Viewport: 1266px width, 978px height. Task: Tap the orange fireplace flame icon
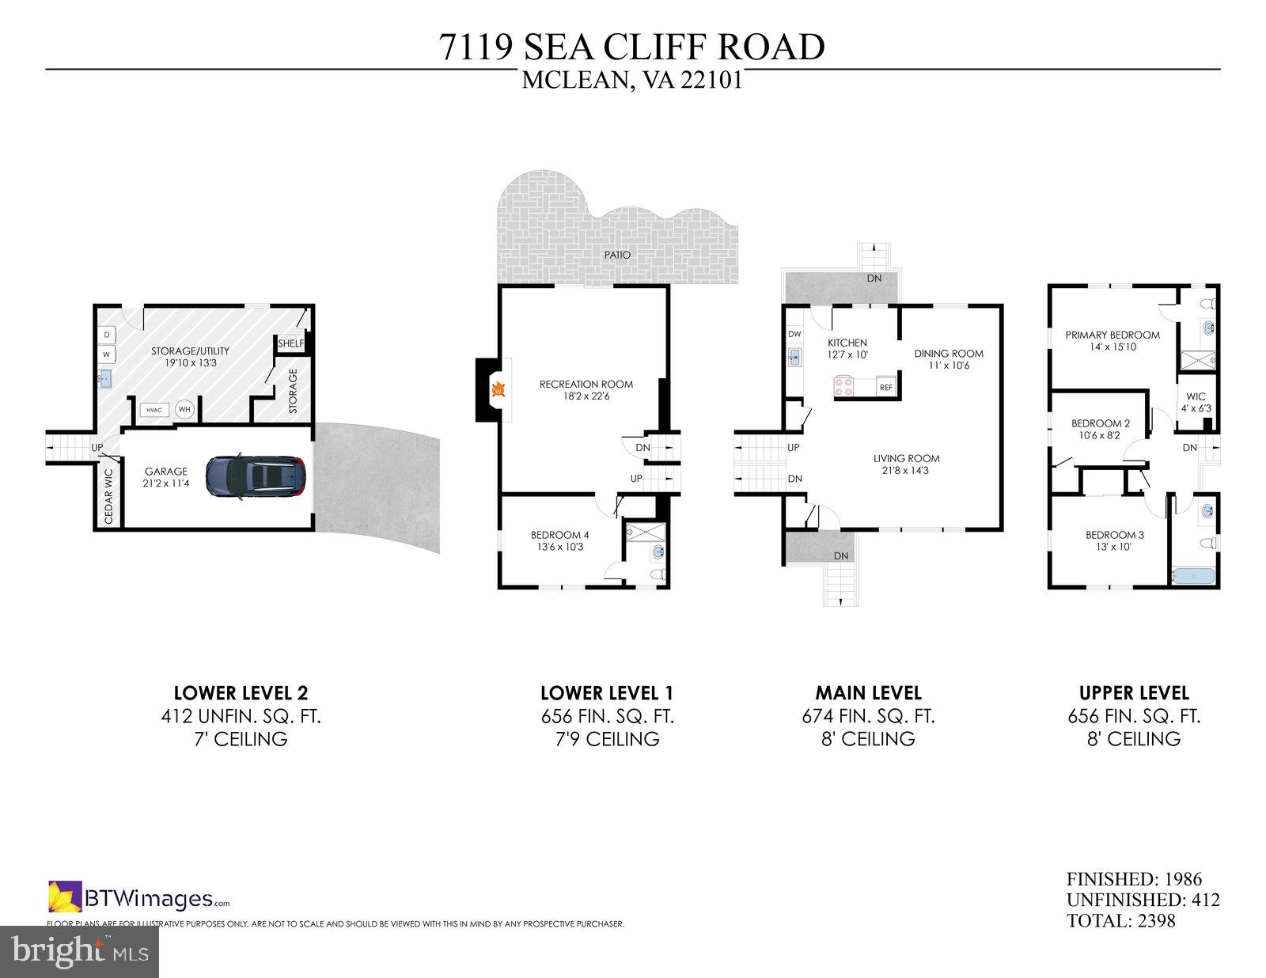pyautogui.click(x=498, y=389)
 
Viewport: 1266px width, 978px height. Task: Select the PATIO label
pyautogui.click(x=617, y=255)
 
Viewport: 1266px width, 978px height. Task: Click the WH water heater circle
pyautogui.click(x=184, y=409)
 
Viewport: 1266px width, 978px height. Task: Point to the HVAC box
pyautogui.click(x=154, y=410)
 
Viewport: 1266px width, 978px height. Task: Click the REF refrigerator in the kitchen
pyautogui.click(x=886, y=388)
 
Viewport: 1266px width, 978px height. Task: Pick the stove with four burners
pyautogui.click(x=843, y=387)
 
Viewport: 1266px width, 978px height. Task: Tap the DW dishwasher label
pyautogui.click(x=794, y=335)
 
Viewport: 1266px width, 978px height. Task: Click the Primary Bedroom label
pyautogui.click(x=1112, y=335)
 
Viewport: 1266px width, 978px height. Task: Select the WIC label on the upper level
pyautogui.click(x=1196, y=396)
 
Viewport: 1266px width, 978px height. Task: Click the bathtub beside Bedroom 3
pyautogui.click(x=1194, y=575)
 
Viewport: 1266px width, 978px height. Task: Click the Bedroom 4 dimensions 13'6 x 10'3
pyautogui.click(x=559, y=547)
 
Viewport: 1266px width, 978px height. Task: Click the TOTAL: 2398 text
pyautogui.click(x=1120, y=921)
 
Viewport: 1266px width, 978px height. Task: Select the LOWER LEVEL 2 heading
pyautogui.click(x=241, y=693)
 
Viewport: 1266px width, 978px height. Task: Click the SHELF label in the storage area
pyautogui.click(x=290, y=343)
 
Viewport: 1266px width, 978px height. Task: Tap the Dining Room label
pyautogui.click(x=949, y=354)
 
